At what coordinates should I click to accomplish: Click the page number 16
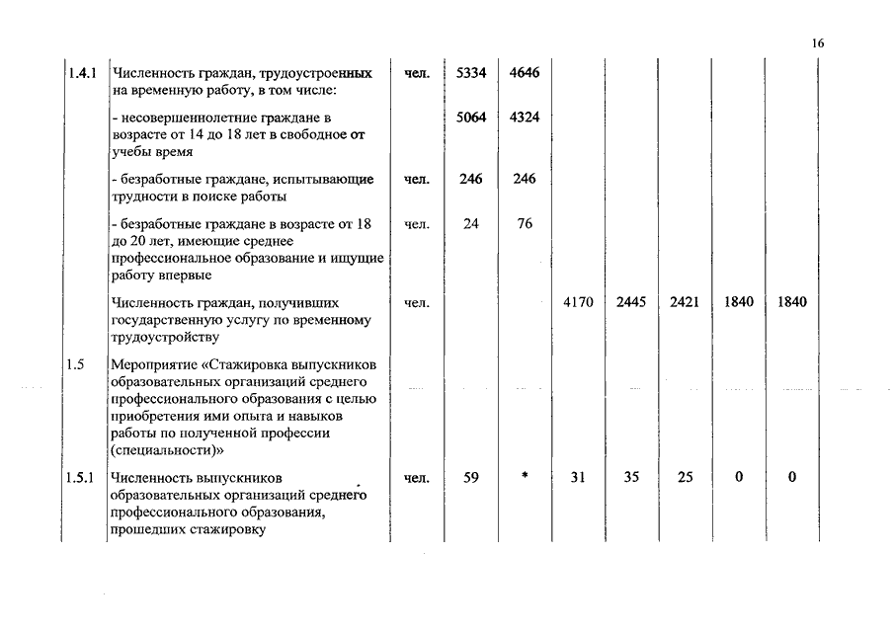pos(817,43)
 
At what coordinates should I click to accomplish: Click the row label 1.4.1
pos(81,74)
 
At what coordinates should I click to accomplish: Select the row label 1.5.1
pos(81,478)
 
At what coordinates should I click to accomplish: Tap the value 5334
pos(471,74)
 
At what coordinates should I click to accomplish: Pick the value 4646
pos(525,74)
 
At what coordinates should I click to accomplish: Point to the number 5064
pos(471,118)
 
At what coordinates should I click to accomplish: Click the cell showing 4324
pos(525,118)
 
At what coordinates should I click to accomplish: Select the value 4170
pos(578,302)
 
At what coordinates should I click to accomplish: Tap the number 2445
pos(631,302)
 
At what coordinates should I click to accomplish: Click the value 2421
pos(685,302)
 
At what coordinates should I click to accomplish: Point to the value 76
pos(525,224)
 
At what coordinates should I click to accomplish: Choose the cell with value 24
pos(471,224)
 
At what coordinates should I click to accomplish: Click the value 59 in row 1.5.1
pos(471,478)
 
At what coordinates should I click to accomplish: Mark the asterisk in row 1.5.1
pos(525,477)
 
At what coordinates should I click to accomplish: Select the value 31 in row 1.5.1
pos(578,478)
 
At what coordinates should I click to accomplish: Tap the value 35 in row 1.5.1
pos(631,478)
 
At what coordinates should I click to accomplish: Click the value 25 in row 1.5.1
pos(685,478)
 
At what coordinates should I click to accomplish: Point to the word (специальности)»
pos(168,448)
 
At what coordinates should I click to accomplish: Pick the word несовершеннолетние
pos(179,118)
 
